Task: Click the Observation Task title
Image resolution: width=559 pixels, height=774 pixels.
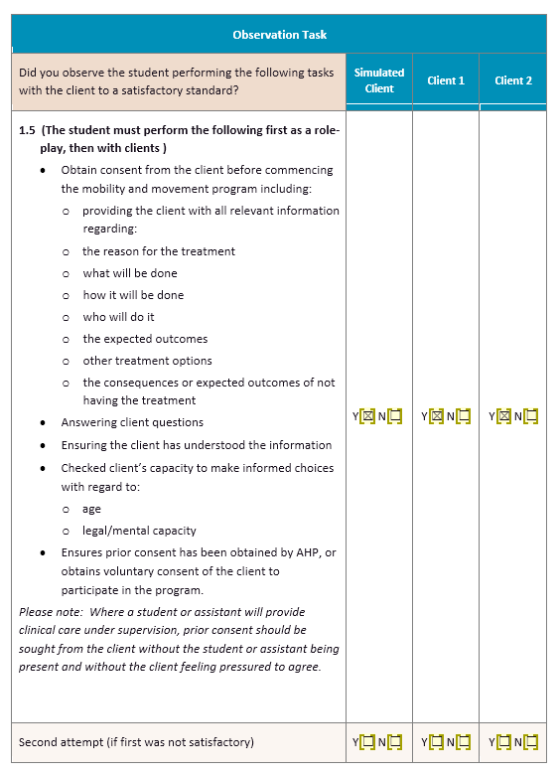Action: (279, 35)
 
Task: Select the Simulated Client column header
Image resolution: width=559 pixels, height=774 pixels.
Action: (379, 80)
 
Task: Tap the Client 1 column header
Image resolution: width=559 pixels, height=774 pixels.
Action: (446, 80)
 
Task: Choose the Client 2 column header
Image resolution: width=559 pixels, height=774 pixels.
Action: (513, 80)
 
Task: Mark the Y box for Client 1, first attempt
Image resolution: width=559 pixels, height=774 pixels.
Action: (435, 415)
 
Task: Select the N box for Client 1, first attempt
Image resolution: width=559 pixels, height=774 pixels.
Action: (463, 415)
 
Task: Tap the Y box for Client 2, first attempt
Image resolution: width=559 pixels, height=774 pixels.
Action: (502, 415)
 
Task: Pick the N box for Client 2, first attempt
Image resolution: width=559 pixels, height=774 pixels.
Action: (531, 415)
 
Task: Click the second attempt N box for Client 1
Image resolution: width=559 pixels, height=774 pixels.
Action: (463, 741)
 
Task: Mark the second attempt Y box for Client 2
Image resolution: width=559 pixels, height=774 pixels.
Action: (502, 741)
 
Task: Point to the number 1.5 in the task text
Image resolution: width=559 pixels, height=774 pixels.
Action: (28, 130)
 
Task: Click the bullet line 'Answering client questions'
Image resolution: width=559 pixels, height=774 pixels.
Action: (132, 422)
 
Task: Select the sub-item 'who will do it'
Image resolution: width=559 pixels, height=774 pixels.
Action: (118, 317)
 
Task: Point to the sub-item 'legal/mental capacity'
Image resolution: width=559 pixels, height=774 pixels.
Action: (139, 531)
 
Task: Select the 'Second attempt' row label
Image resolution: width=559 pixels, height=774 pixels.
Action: (136, 742)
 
